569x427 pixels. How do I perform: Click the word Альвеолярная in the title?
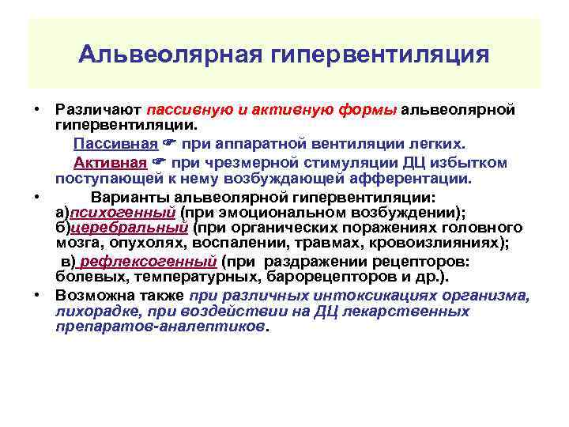coord(170,55)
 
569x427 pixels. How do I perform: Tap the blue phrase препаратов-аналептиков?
coord(161,327)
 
